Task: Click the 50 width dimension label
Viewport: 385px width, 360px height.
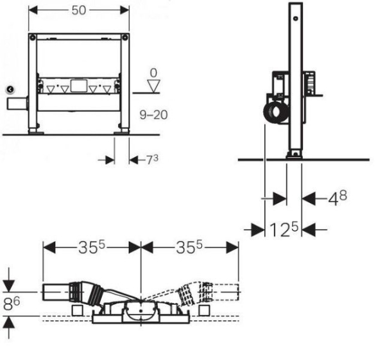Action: coord(79,10)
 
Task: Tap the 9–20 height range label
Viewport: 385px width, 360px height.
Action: coord(154,115)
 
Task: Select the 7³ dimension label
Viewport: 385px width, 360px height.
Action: coord(153,159)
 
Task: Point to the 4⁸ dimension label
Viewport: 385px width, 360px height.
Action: coord(338,198)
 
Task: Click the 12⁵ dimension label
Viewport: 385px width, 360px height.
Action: coord(284,229)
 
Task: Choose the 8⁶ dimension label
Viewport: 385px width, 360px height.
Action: coord(12,304)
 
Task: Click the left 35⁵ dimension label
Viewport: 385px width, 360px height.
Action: coord(92,247)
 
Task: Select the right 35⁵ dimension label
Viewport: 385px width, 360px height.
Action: coord(189,247)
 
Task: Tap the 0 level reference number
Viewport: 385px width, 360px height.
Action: coord(153,73)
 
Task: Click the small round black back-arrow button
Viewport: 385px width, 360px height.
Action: coord(10,90)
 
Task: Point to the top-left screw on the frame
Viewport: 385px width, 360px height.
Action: coord(33,38)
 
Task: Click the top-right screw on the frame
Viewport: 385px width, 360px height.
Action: coord(125,38)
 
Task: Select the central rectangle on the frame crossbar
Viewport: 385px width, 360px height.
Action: coord(79,86)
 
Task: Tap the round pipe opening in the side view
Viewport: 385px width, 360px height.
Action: coord(276,112)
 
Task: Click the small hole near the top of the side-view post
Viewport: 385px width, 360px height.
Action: coord(296,19)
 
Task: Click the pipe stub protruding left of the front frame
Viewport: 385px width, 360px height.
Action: coord(17,103)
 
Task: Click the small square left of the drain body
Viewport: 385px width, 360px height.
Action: coord(78,311)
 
